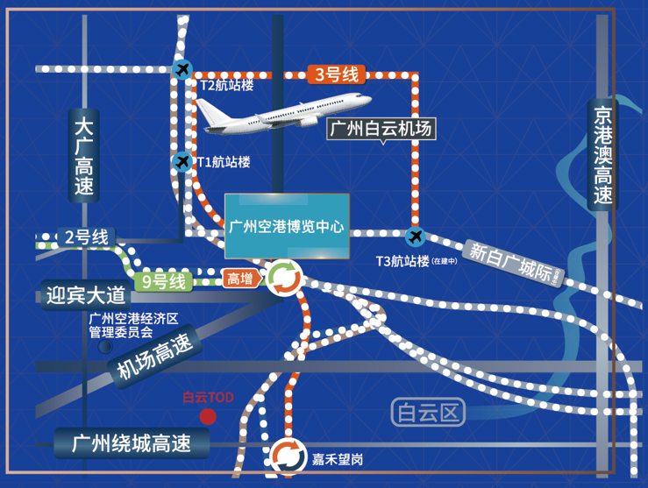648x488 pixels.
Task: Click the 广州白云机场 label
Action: point(381,129)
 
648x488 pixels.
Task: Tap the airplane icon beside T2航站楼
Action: point(182,69)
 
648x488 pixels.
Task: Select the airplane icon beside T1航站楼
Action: point(182,161)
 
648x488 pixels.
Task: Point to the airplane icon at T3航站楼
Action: point(414,237)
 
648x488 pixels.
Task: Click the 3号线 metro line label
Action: point(337,74)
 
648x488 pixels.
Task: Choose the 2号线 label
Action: point(86,237)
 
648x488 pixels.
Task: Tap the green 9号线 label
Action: point(165,282)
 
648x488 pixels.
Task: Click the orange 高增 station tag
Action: point(239,279)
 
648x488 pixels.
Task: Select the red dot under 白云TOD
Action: point(208,416)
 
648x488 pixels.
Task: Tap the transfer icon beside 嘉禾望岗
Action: point(287,456)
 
